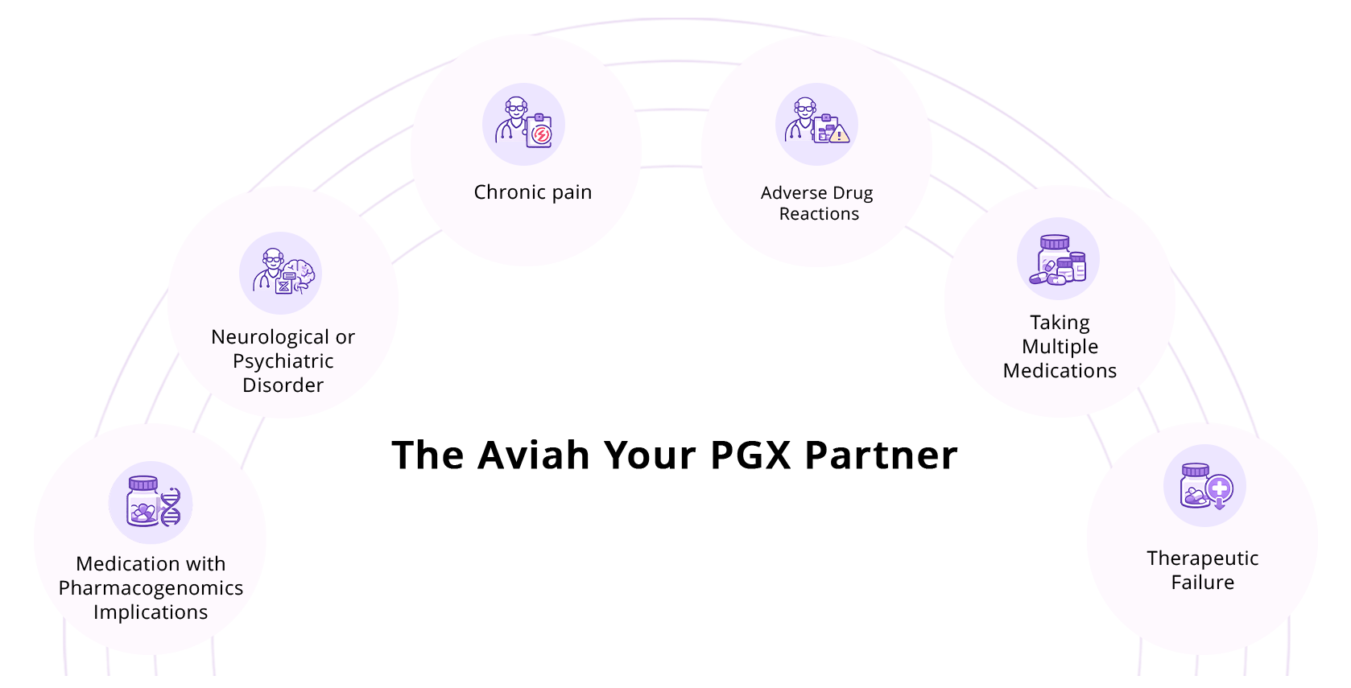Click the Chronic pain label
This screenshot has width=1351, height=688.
tap(532, 192)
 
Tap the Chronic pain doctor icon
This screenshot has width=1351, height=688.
tap(524, 124)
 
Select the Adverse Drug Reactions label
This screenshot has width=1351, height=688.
tap(817, 203)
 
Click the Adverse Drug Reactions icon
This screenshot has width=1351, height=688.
tap(817, 124)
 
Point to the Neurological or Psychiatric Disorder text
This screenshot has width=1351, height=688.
tap(283, 360)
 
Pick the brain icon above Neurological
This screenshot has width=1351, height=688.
tap(281, 273)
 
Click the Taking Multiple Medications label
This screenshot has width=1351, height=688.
tap(1060, 346)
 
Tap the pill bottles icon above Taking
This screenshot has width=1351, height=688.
tap(1058, 259)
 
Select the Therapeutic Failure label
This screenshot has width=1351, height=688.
tap(1202, 570)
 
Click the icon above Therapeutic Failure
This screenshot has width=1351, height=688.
tap(1204, 486)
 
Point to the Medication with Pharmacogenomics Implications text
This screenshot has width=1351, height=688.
tap(151, 587)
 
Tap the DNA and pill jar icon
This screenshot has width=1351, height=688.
tap(151, 503)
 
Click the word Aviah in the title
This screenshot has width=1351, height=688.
tap(534, 455)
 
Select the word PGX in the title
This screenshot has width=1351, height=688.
tap(751, 455)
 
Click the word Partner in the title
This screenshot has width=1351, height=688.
tap(881, 455)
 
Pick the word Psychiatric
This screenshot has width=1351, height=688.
tap(283, 361)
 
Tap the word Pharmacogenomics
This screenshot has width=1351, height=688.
tap(151, 588)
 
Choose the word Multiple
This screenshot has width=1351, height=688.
tap(1060, 347)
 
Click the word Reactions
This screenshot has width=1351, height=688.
tap(819, 214)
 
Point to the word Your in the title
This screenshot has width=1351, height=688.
tap(651, 455)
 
